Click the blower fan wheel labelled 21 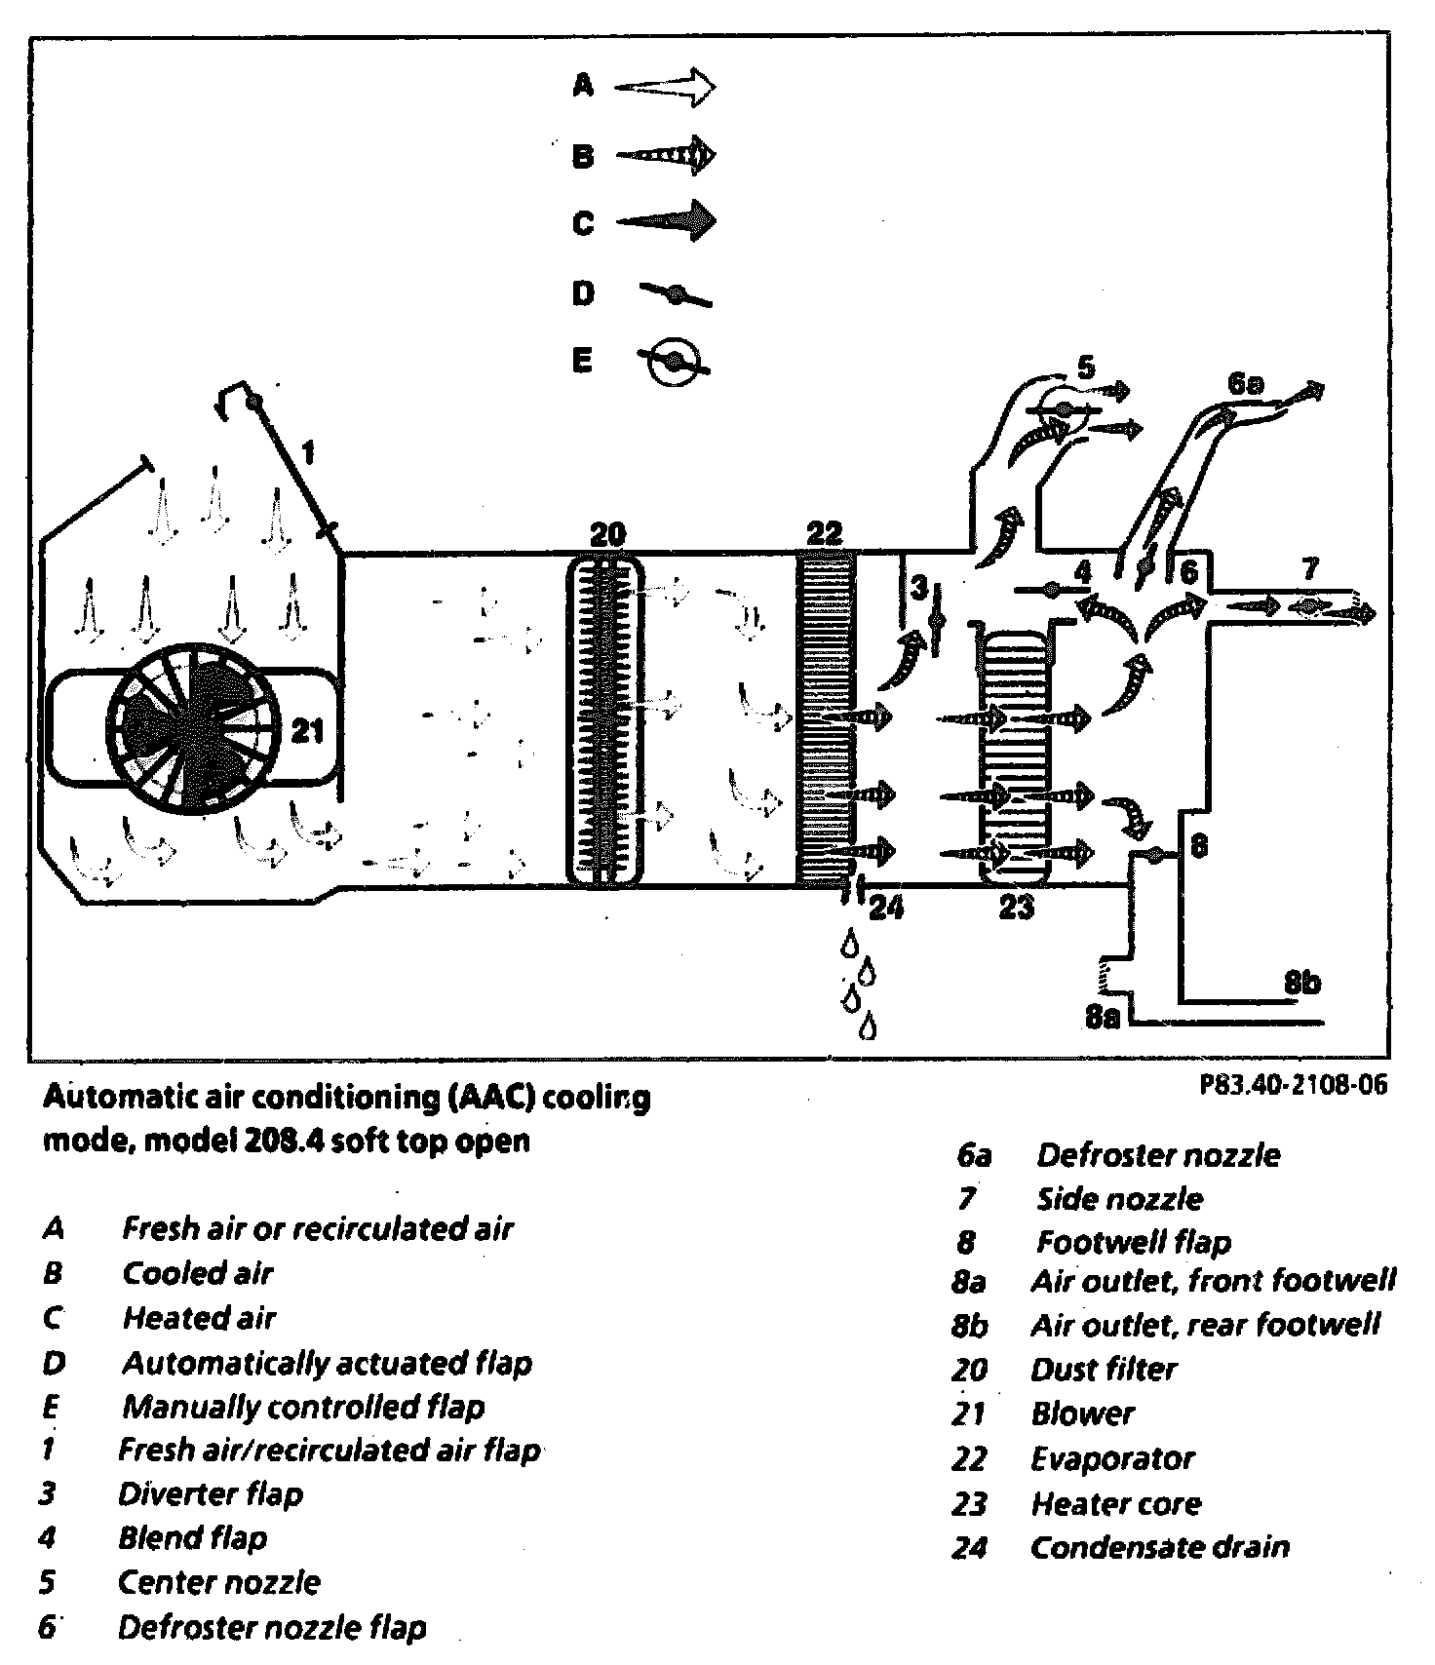click(x=190, y=725)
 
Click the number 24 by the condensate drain click(x=885, y=909)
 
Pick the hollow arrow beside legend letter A click(x=666, y=88)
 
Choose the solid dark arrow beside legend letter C click(x=666, y=221)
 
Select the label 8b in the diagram click(x=1301, y=983)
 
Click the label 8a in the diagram click(x=1103, y=1017)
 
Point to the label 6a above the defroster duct click(x=1245, y=383)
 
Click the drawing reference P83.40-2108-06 click(x=1293, y=1085)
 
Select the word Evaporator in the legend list click(x=1112, y=1458)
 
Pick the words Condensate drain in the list click(x=1160, y=1547)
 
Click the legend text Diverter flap click(x=211, y=1493)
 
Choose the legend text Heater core click(x=1116, y=1503)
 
